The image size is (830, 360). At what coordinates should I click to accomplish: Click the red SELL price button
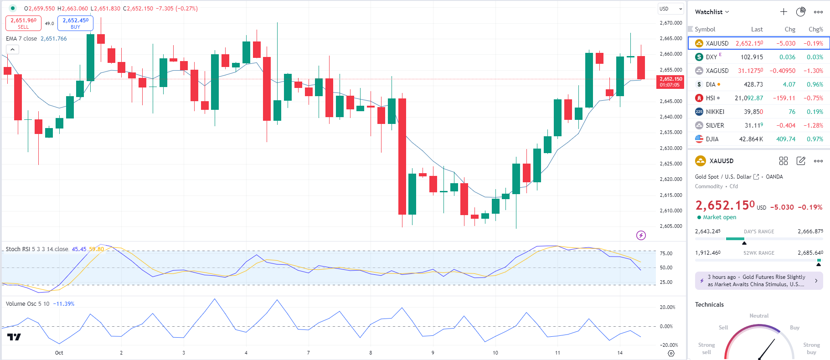click(23, 23)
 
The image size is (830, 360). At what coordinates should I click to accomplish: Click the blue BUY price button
click(75, 23)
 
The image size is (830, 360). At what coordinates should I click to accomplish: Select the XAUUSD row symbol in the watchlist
click(717, 43)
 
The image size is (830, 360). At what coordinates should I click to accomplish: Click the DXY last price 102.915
click(752, 57)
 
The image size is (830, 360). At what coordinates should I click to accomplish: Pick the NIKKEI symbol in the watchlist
click(715, 112)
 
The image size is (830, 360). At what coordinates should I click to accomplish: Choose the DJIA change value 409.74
click(786, 139)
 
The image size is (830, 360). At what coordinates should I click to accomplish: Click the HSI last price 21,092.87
click(748, 98)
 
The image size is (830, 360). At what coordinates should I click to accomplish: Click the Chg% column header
click(815, 29)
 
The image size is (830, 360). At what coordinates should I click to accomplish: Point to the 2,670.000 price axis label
click(671, 23)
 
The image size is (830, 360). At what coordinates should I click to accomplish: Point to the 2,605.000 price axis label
click(671, 226)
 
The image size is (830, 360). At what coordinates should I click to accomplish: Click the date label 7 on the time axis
click(309, 353)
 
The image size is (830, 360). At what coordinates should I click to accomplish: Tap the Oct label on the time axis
click(59, 353)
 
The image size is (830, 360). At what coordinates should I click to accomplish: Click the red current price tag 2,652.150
click(670, 82)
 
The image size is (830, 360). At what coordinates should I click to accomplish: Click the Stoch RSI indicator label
click(36, 249)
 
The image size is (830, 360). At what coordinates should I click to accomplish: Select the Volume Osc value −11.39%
click(64, 304)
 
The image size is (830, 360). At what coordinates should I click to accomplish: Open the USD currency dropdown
click(671, 9)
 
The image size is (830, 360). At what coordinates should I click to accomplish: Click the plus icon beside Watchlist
click(784, 12)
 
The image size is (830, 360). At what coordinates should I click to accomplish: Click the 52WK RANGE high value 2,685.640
click(810, 253)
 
